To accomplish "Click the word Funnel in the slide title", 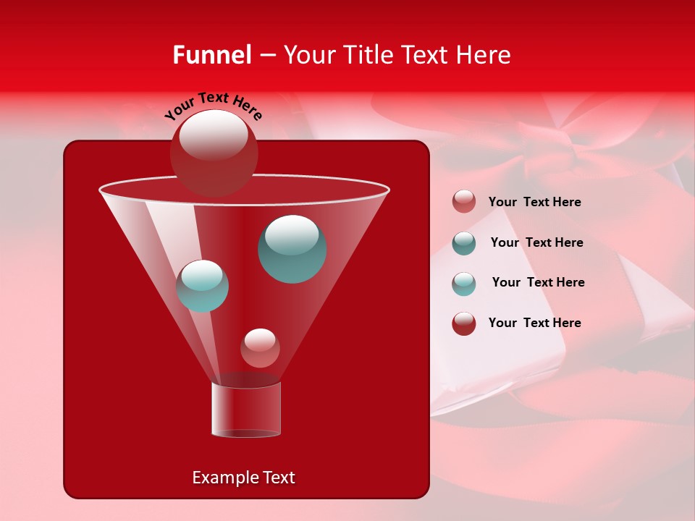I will coord(212,55).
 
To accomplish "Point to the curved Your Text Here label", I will coord(213,106).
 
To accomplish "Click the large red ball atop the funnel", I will coord(214,152).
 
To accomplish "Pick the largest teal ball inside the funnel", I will coord(292,248).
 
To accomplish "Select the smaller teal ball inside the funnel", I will coord(202,286).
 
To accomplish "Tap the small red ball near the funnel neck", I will coord(260,348).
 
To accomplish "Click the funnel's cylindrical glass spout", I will coord(246,410).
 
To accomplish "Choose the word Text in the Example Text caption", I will coord(278,478).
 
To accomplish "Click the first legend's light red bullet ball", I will coord(464,202).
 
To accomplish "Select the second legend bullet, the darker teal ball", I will coord(464,243).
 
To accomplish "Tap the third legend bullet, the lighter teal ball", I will coord(464,284).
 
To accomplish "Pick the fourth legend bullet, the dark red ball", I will coord(464,323).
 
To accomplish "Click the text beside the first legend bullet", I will coord(534,203).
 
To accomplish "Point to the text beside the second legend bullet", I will coord(536,243).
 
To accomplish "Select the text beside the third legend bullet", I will coord(538,283).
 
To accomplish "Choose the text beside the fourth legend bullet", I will coord(534,323).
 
